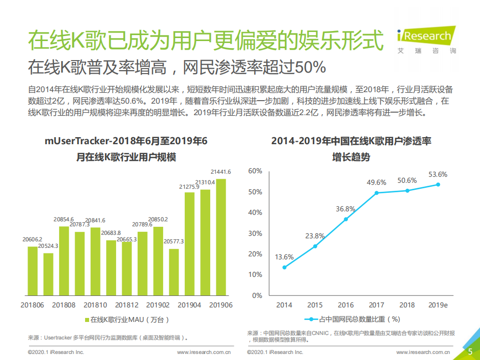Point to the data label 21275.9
tap(189, 187)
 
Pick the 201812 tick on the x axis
tap(127, 305)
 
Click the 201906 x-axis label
tap(221, 305)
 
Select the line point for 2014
tap(284, 267)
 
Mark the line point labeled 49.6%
tap(377, 193)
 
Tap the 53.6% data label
tap(437, 175)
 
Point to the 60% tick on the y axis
tap(255, 171)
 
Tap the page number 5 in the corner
tap(470, 351)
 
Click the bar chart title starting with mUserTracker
tap(126, 142)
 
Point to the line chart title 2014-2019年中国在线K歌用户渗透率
tap(351, 142)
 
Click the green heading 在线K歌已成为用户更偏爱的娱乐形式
tap(206, 40)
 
